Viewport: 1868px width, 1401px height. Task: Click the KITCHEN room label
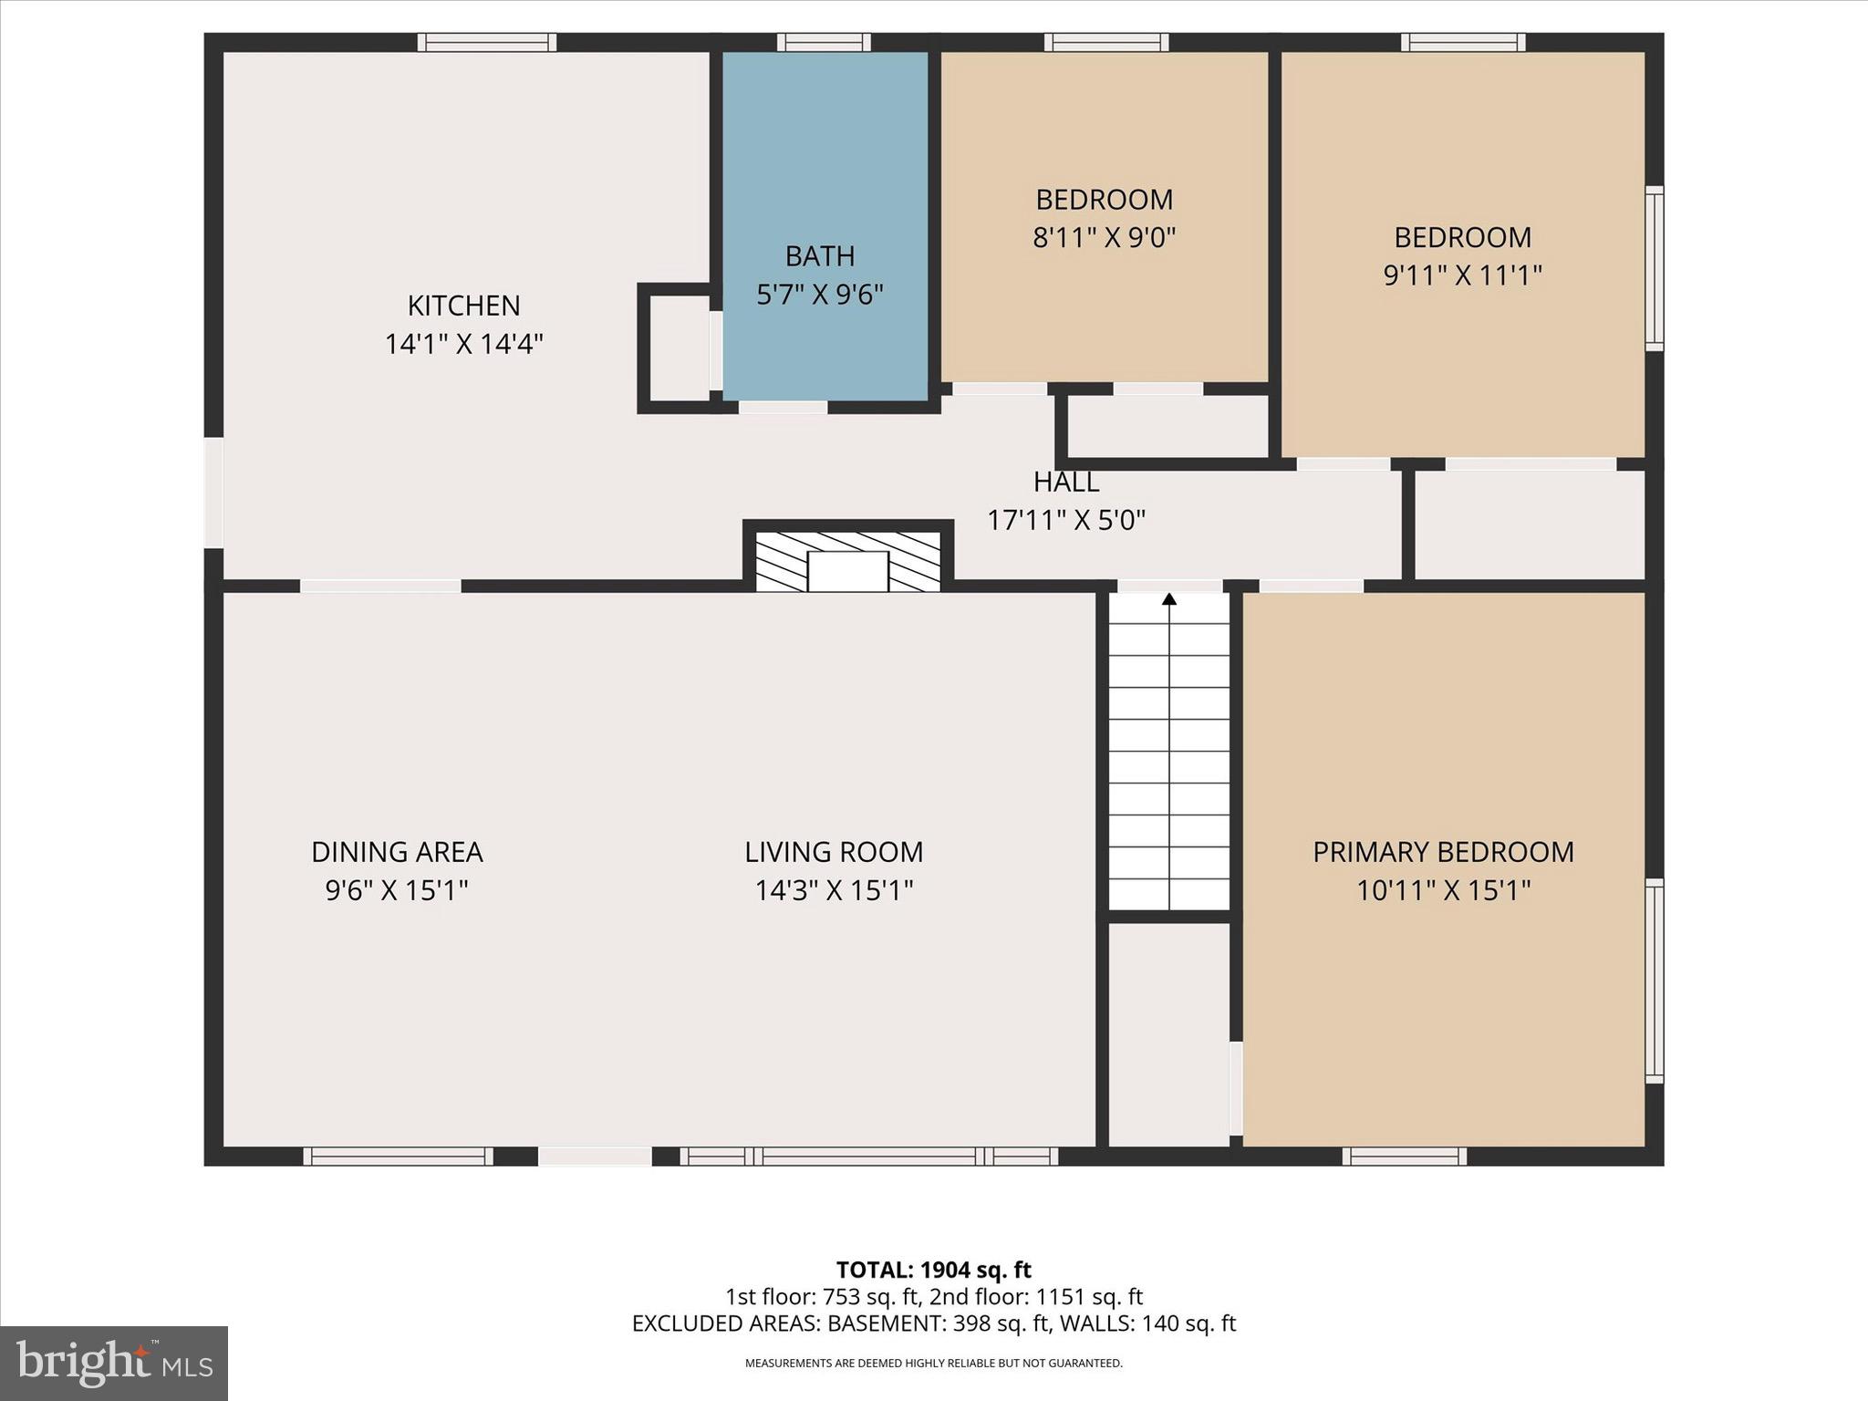tap(463, 305)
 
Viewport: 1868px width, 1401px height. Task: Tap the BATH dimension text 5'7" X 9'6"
tap(820, 295)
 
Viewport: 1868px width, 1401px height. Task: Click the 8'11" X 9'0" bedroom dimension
tap(1104, 238)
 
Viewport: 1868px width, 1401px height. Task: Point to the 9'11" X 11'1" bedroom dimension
tap(1462, 275)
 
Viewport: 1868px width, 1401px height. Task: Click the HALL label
tap(1065, 482)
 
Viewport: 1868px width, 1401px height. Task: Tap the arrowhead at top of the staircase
tap(1169, 599)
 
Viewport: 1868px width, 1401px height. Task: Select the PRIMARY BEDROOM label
tap(1443, 852)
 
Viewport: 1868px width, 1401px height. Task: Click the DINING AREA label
tap(397, 852)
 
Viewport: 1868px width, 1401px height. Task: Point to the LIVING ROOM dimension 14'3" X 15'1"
tap(834, 890)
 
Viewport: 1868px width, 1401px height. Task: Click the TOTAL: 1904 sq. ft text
tap(933, 1270)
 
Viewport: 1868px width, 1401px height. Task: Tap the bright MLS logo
tap(114, 1363)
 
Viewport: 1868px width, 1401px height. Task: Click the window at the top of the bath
tap(824, 42)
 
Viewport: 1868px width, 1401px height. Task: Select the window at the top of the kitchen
tap(487, 42)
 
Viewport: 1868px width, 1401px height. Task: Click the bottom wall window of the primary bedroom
tap(1404, 1157)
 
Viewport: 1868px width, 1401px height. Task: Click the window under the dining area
tap(398, 1157)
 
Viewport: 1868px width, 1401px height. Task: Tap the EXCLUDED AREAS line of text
tap(933, 1323)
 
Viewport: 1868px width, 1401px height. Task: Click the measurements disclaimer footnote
tap(933, 1364)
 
